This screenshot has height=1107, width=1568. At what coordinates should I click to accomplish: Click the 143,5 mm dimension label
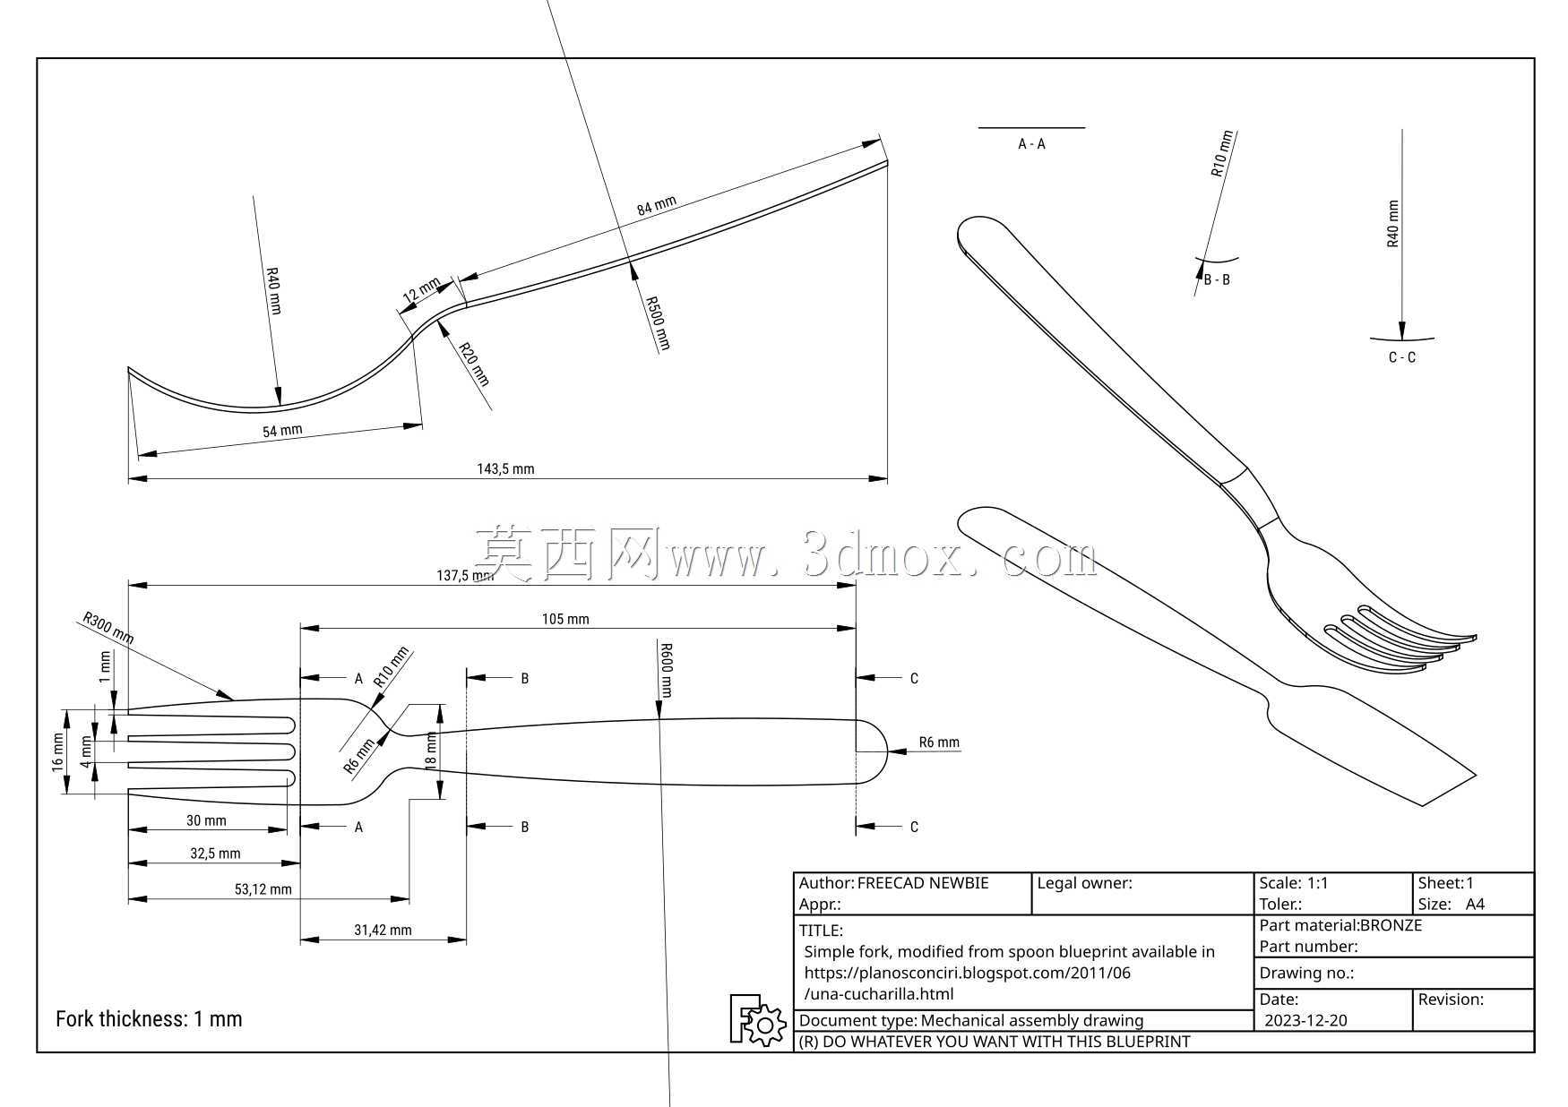[x=505, y=468]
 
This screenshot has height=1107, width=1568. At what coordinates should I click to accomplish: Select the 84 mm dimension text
[x=657, y=206]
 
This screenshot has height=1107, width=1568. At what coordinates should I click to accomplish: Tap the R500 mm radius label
[x=659, y=322]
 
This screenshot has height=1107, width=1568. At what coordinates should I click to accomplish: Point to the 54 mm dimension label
[x=282, y=431]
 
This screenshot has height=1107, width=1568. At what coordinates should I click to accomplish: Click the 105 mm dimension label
[x=565, y=619]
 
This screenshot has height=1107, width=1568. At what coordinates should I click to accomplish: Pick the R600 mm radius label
[x=666, y=670]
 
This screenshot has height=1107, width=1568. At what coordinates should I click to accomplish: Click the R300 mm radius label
[x=108, y=627]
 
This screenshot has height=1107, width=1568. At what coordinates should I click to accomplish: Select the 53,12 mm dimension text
[x=263, y=889]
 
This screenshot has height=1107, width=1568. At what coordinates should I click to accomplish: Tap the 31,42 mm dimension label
[x=383, y=931]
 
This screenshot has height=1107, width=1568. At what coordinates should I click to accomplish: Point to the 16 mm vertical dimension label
[x=57, y=752]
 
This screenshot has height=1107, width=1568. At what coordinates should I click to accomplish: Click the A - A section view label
[x=1031, y=144]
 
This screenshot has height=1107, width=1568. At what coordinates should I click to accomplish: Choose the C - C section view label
[x=1402, y=357]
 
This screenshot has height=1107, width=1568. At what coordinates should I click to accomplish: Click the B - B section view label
[x=1217, y=279]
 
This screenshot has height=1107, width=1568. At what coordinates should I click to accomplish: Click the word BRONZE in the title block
[x=1391, y=925]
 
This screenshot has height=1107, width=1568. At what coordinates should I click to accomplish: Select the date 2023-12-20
[x=1305, y=1020]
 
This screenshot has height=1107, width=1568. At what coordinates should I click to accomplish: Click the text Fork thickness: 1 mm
[x=149, y=1019]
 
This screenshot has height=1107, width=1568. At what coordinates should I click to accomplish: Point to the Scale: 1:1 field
[x=1294, y=883]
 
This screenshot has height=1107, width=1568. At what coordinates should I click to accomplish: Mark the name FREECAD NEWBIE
[x=923, y=883]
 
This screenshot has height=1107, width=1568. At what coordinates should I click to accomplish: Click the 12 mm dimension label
[x=421, y=289]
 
